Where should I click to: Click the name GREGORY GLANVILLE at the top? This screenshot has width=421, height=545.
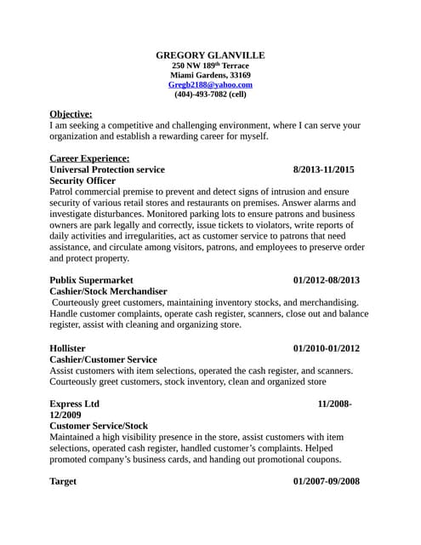(210, 54)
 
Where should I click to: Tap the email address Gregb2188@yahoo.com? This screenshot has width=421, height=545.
(210, 85)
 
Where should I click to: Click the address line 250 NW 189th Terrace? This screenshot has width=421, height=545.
(210, 66)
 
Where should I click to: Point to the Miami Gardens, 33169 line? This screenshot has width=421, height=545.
(210, 75)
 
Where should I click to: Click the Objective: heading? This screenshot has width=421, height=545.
(71, 113)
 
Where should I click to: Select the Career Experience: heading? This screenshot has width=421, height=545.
(89, 158)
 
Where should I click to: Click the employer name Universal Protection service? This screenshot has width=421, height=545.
(107, 169)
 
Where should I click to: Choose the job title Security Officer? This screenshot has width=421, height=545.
(82, 181)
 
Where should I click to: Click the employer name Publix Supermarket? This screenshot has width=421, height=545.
(91, 280)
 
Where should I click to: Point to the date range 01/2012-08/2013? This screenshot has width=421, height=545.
(326, 280)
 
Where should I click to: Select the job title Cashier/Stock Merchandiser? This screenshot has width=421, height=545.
(109, 291)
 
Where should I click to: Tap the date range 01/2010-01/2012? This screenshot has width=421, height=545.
(326, 347)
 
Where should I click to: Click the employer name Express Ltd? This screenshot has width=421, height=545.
(75, 403)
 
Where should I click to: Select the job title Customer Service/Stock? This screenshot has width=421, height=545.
(99, 425)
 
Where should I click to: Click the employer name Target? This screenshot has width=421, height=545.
(63, 481)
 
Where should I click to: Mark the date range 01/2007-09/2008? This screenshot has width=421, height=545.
(326, 481)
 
